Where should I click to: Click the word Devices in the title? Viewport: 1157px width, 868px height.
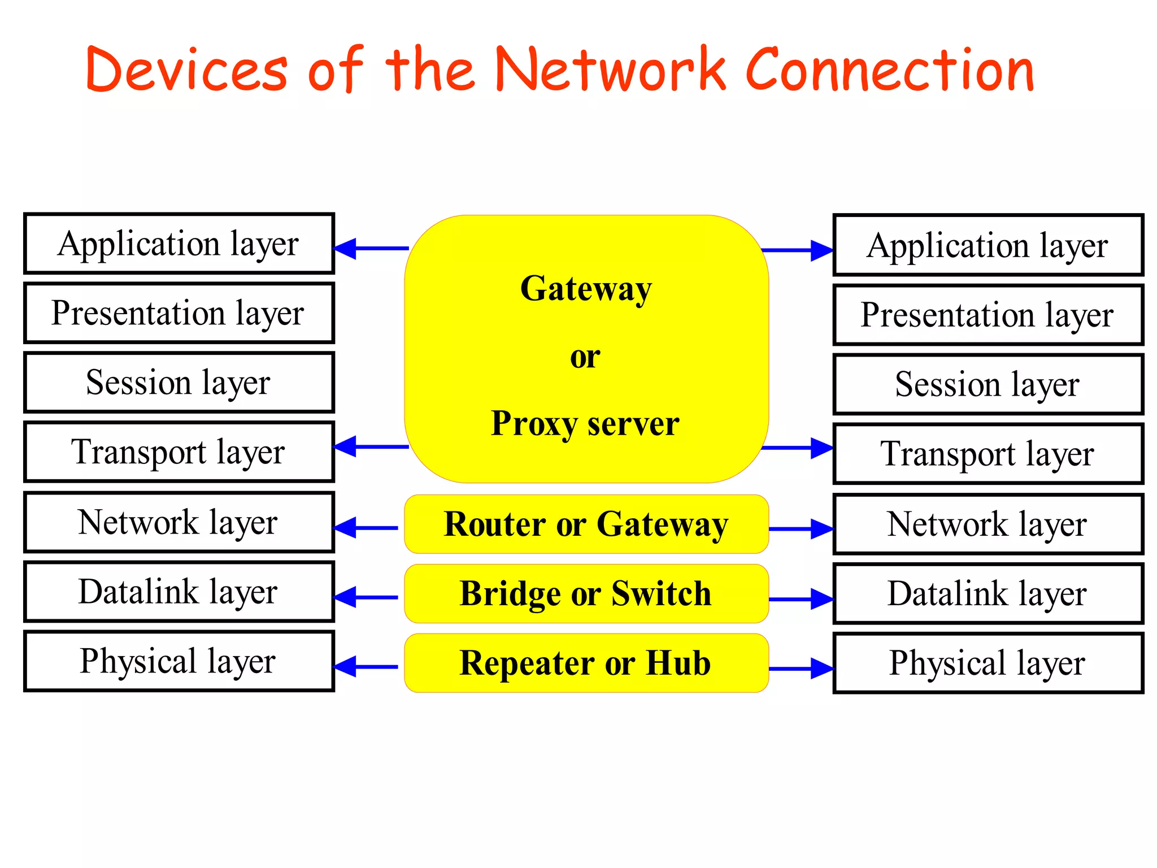click(x=186, y=70)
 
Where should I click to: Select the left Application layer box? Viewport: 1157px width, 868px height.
click(x=179, y=244)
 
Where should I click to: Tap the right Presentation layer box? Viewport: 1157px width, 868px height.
click(x=988, y=315)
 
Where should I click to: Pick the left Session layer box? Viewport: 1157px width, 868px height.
click(x=179, y=383)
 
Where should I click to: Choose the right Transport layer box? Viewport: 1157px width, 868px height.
click(x=988, y=454)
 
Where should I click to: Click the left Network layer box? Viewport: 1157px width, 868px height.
click(x=179, y=522)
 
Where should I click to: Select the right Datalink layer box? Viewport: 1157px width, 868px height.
click(x=988, y=593)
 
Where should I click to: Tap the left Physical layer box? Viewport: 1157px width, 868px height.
click(x=179, y=661)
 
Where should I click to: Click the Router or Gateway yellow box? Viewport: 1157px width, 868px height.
click(x=586, y=524)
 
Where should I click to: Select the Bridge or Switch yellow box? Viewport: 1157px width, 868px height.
click(x=586, y=594)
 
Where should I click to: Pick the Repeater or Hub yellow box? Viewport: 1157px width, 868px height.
click(x=586, y=663)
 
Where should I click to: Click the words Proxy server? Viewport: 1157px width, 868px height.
click(x=585, y=424)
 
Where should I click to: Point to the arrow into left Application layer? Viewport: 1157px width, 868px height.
click(x=371, y=249)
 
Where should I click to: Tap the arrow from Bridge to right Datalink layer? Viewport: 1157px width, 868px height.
click(x=801, y=599)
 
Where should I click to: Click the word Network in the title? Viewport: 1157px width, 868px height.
click(x=610, y=70)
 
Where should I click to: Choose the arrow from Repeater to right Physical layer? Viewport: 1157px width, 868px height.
click(x=801, y=669)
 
